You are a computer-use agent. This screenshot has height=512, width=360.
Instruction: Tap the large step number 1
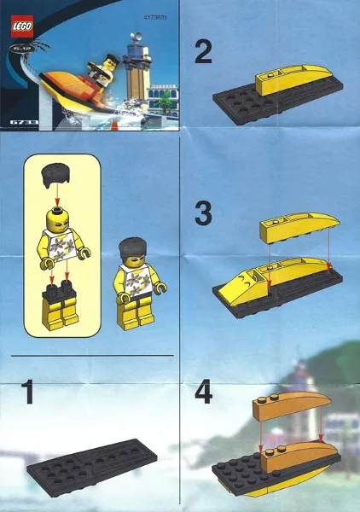tap(28, 394)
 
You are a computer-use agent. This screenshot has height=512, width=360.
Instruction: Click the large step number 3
tap(203, 212)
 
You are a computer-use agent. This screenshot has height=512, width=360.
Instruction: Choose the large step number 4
tap(203, 393)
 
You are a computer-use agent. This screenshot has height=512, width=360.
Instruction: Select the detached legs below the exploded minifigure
tap(60, 305)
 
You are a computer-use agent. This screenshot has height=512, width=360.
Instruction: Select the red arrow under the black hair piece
tap(57, 194)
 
